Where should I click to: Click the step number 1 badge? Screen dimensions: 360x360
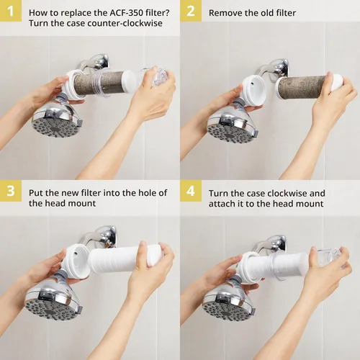pos(11,11)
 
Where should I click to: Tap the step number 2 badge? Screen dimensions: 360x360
pos(191,11)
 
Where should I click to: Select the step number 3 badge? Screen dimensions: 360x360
pos(11,191)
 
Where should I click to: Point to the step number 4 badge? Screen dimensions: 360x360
pos(191,191)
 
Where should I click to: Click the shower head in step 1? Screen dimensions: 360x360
pos(57,118)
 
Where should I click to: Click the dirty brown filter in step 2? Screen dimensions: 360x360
pos(303,85)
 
